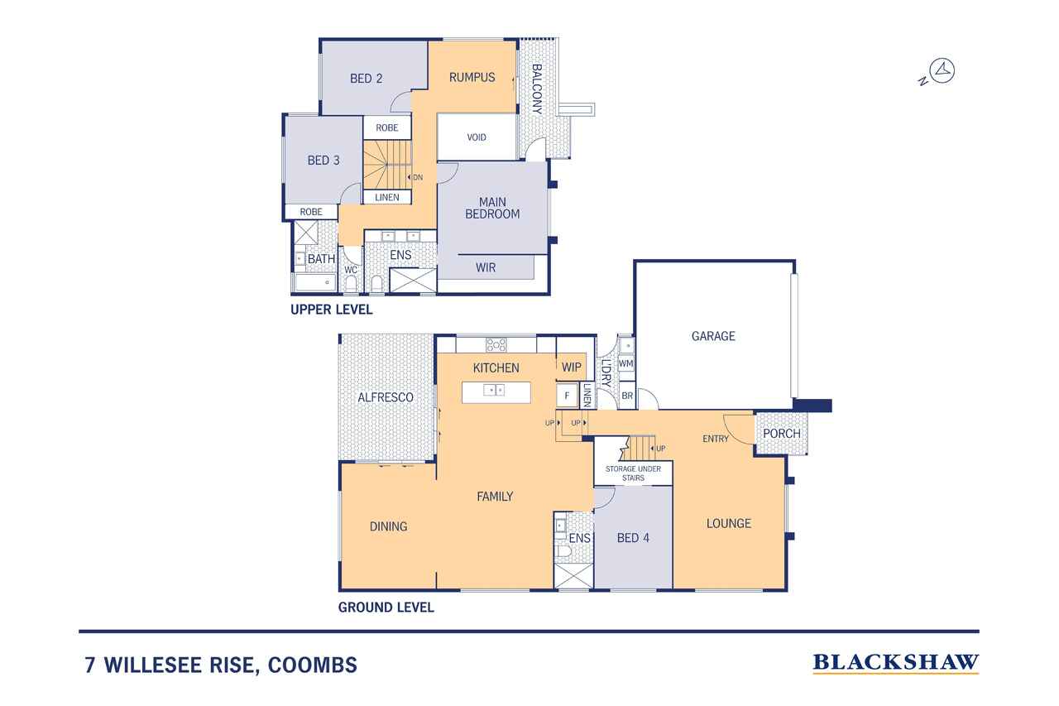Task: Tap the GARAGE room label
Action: point(713,336)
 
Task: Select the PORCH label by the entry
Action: point(782,434)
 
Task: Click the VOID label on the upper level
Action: point(476,137)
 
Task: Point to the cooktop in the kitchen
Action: point(496,345)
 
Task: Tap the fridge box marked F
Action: point(567,396)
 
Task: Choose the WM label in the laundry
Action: point(625,363)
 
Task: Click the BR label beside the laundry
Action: point(627,396)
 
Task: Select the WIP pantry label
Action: point(571,367)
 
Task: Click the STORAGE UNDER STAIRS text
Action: point(633,473)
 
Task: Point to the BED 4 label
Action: point(633,538)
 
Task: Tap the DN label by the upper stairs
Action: point(418,177)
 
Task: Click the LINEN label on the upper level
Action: point(386,197)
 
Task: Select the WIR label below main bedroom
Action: point(486,267)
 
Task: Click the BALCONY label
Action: point(537,89)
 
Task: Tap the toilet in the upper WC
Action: point(350,284)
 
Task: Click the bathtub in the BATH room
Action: point(315,283)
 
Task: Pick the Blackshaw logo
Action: point(896,663)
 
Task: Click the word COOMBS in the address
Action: point(313,665)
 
